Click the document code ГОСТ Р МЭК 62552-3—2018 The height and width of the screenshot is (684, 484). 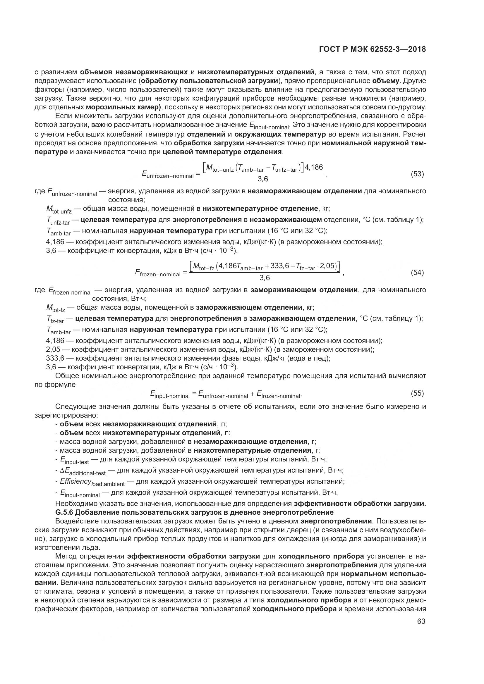(x=372, y=49)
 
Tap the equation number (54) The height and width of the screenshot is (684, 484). (x=417, y=273)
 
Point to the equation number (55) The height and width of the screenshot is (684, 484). (x=417, y=393)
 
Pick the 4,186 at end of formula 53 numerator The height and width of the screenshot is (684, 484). (x=314, y=167)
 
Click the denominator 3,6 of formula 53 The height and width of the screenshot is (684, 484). (x=262, y=179)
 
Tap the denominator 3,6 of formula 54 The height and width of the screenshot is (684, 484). (x=265, y=278)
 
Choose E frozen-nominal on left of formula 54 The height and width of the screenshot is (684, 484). (x=157, y=273)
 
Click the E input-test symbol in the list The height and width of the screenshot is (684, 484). (x=74, y=460)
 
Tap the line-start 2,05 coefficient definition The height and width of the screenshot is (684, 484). (x=53, y=349)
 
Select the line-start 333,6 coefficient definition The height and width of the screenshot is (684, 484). (x=55, y=358)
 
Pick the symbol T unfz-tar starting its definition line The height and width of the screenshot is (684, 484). (x=58, y=221)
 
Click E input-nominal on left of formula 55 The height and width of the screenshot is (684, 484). (x=170, y=395)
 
